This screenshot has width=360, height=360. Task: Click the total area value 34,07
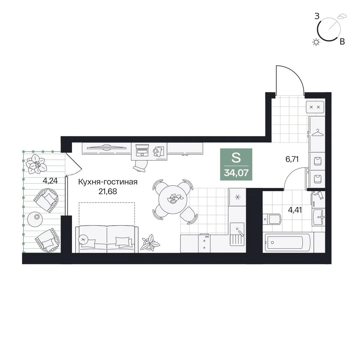(236, 173)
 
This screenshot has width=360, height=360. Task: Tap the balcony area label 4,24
(50, 181)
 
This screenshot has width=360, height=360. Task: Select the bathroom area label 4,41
(295, 210)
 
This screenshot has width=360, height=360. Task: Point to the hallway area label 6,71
(292, 159)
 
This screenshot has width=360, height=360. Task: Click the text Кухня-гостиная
(108, 182)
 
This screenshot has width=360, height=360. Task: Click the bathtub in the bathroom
(287, 242)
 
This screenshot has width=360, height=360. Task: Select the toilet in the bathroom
(272, 219)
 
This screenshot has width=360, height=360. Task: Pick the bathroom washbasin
(319, 217)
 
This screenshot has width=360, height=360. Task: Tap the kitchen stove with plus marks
(204, 244)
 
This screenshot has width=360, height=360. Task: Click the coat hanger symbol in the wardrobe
(317, 133)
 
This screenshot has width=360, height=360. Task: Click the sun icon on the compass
(316, 42)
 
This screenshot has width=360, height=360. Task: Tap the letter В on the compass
(342, 41)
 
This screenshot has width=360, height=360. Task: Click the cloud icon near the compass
(342, 16)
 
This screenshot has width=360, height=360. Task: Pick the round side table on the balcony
(35, 219)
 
